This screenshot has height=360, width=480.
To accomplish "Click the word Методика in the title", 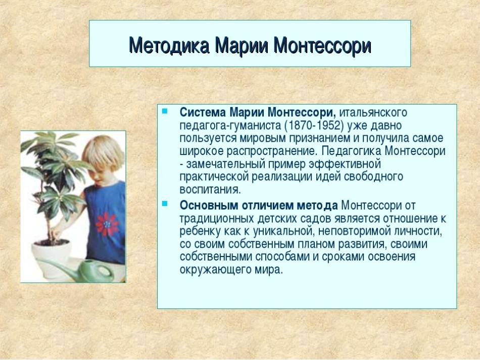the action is pyautogui.click(x=169, y=46).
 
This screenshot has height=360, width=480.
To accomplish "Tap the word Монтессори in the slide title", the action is pyautogui.click(x=322, y=46).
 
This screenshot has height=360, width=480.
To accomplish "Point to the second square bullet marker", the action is pyautogui.click(x=165, y=203).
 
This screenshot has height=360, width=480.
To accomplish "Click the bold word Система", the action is pyautogui.click(x=202, y=113).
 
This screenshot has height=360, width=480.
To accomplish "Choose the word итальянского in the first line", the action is pyautogui.click(x=373, y=113).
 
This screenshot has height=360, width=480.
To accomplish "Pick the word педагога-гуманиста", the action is pyautogui.click(x=230, y=126).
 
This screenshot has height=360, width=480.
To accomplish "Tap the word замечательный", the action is pyautogui.click(x=226, y=164).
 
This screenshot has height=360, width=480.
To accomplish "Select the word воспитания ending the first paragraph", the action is pyautogui.click(x=210, y=190).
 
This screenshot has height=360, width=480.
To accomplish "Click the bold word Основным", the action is pyautogui.click(x=209, y=205).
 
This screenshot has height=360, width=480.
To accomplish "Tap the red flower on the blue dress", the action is pyautogui.click(x=107, y=224).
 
